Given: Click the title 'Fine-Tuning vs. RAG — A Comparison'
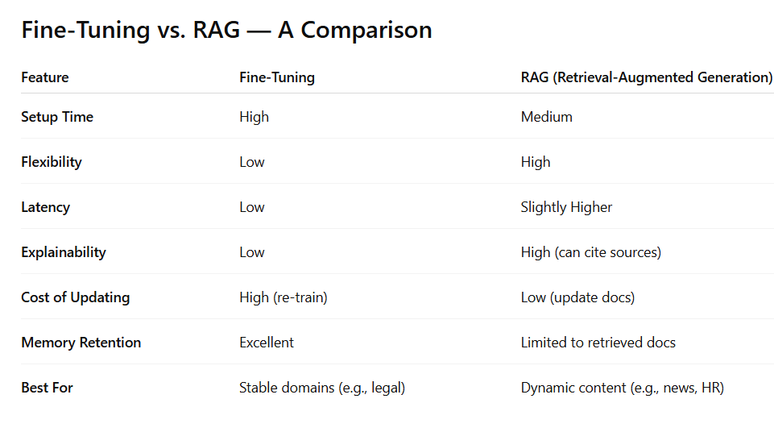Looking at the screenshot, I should (x=226, y=30).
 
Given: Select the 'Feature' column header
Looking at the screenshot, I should (x=45, y=77).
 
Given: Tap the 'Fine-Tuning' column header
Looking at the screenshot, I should (x=277, y=77).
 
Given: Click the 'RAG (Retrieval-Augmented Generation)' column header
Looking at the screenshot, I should (x=647, y=77).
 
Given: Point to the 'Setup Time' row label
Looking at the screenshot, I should (x=57, y=117).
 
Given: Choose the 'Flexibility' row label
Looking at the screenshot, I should (x=52, y=162).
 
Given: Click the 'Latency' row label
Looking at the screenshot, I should (x=46, y=207).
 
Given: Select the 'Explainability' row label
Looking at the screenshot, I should (x=64, y=252).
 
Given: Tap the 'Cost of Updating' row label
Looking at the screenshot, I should (x=75, y=297).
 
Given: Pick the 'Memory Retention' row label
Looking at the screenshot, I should (x=81, y=343).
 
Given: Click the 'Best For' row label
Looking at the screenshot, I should (x=47, y=388).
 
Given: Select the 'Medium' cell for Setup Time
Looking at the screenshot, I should (x=547, y=117).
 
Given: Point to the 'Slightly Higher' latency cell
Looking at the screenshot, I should (x=566, y=207).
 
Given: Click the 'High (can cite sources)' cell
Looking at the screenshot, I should (x=591, y=252).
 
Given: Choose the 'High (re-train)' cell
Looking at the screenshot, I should (x=284, y=297).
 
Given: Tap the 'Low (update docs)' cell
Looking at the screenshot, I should (x=577, y=297).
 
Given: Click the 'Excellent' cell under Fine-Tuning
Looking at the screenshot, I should (x=267, y=343).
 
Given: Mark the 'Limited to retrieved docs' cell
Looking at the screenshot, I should (x=598, y=343).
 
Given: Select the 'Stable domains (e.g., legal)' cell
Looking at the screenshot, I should (x=322, y=388).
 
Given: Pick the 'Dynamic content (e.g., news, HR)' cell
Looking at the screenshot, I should (x=623, y=388).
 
